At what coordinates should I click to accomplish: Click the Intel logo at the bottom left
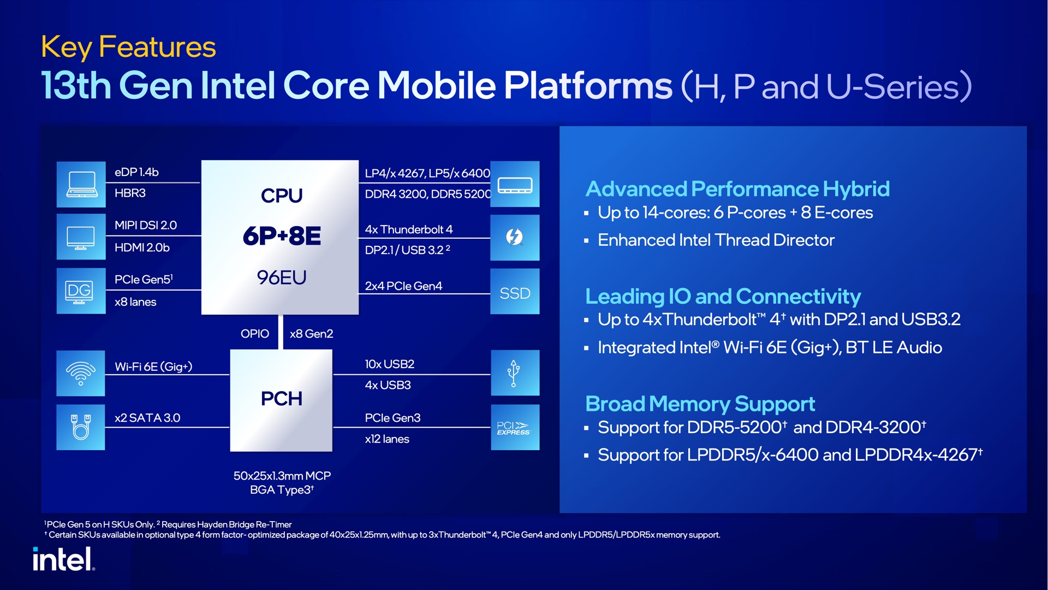coord(63,559)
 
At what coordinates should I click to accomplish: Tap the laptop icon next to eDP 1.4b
coord(81,185)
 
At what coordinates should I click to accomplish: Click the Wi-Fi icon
coord(81,373)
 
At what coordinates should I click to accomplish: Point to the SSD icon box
coord(515,293)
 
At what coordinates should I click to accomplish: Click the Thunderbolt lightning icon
coord(514,237)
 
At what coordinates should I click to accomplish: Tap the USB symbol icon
coord(514,373)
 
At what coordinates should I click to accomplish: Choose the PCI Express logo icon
coord(514,428)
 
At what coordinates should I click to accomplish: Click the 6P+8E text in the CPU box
coord(281,236)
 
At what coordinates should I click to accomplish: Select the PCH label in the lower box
coord(281,399)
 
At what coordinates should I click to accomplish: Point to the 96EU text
coord(281,278)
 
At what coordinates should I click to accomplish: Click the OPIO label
coord(254,334)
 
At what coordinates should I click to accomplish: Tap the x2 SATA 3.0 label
coord(147,418)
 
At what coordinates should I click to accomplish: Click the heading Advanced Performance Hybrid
coord(737,189)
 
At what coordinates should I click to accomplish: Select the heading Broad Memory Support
coord(700,404)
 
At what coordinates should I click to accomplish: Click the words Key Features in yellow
coord(128,47)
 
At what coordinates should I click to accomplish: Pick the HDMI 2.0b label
coord(142,247)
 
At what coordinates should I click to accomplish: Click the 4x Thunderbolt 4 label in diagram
coord(408,229)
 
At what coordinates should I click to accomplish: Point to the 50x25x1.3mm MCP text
coord(282,476)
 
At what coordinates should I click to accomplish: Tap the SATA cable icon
coord(81,427)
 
